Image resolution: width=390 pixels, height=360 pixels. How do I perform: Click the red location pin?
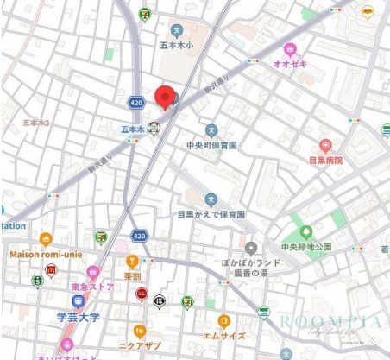(163, 97)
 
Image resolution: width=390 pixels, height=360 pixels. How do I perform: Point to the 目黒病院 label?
(325, 160)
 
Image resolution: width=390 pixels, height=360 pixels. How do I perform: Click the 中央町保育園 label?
(212, 145)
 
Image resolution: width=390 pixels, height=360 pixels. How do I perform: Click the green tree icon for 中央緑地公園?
(306, 231)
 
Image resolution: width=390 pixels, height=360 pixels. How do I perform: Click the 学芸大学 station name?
(79, 317)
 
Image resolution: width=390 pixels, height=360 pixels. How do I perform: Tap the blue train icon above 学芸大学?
(78, 301)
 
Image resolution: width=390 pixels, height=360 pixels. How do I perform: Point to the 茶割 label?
(132, 276)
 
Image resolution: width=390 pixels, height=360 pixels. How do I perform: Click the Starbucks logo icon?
(37, 281)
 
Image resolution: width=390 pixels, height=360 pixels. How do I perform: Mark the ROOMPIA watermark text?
(330, 322)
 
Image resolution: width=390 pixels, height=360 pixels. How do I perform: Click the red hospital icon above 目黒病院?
(325, 145)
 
